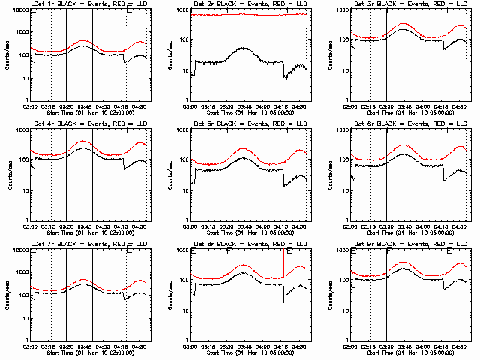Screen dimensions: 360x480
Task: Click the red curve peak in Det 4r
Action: pos(82,141)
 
